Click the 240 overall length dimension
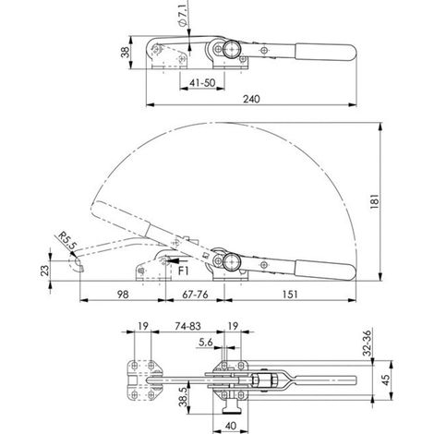point(251,99)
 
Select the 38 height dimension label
point(126,53)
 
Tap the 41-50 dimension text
point(202,82)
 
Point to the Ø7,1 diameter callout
point(183,15)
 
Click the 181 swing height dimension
point(375,201)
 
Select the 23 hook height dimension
point(45,271)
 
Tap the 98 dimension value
point(123,295)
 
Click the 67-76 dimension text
point(195,295)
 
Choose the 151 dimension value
point(290,295)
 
